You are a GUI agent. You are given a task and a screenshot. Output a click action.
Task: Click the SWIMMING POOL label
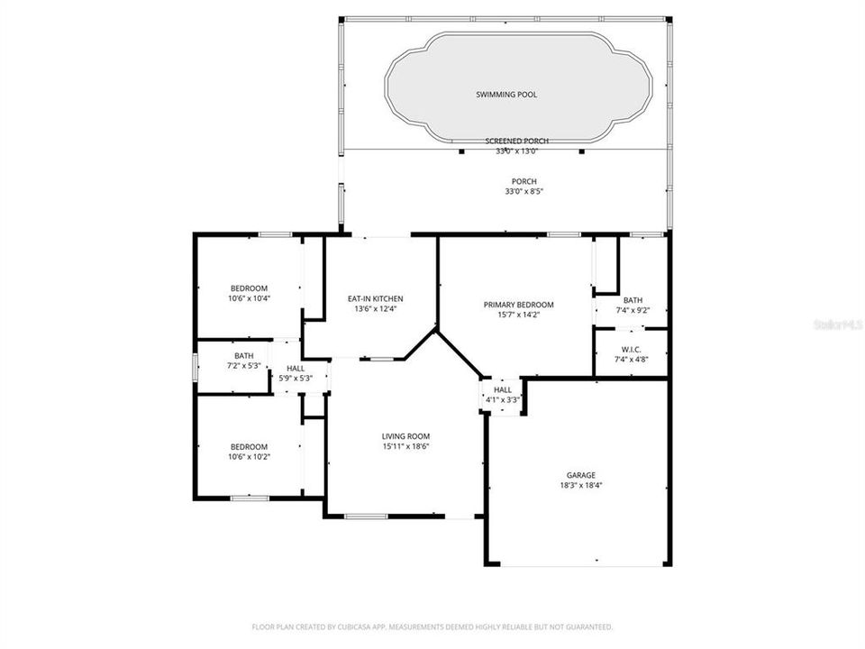(x=506, y=94)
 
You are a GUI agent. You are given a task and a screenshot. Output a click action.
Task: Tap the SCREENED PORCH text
(x=516, y=142)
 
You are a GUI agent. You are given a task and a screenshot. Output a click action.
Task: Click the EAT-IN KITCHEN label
(x=376, y=298)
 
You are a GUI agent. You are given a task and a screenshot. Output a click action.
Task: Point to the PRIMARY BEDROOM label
(x=518, y=305)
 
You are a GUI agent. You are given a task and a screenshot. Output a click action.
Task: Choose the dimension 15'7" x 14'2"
(x=518, y=315)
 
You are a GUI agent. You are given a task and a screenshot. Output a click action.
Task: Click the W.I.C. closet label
(x=631, y=349)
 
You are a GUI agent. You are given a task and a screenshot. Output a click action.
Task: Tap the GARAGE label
(x=580, y=475)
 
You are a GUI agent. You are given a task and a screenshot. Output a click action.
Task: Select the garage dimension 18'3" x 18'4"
(x=580, y=485)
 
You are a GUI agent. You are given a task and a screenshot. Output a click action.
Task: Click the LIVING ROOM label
(x=405, y=436)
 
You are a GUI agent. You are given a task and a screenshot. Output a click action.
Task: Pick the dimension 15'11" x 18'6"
(x=405, y=446)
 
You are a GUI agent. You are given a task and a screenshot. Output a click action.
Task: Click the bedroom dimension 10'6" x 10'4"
(x=249, y=298)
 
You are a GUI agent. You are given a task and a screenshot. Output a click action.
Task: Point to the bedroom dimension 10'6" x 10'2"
(x=249, y=457)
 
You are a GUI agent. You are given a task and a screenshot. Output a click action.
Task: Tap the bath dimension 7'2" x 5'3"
(x=242, y=366)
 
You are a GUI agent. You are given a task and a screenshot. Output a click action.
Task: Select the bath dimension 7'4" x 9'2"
(x=632, y=311)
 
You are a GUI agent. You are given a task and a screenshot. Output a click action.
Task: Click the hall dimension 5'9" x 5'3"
(x=295, y=379)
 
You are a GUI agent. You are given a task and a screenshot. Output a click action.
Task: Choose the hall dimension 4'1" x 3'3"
(x=503, y=399)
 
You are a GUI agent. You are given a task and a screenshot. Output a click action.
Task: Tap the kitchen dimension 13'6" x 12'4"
(x=376, y=309)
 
